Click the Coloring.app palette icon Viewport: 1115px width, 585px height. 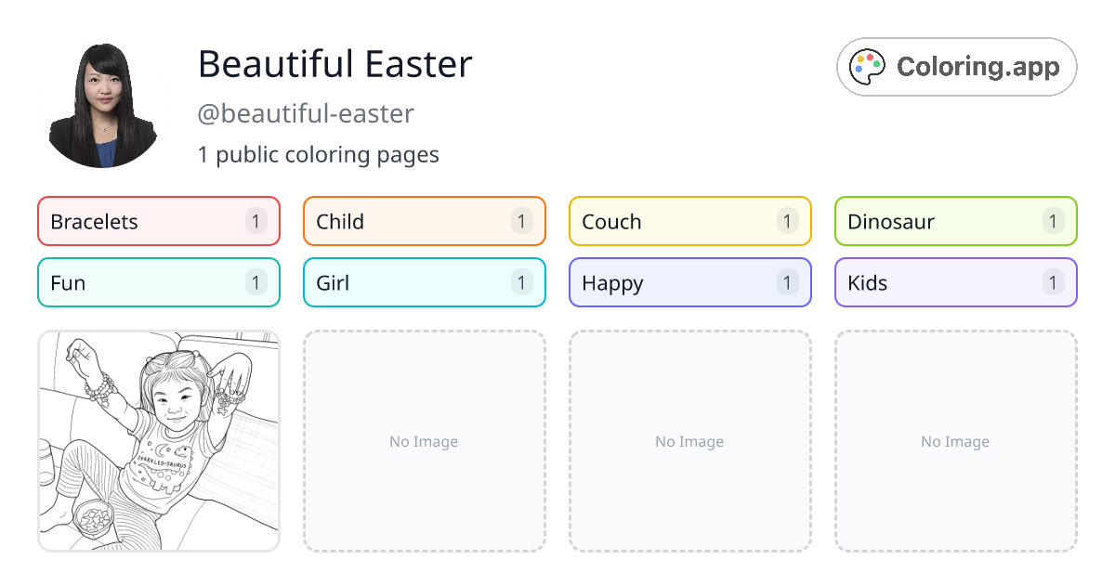[x=868, y=67]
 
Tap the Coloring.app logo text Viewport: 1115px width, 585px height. [x=977, y=67]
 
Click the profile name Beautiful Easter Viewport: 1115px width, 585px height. [x=334, y=64]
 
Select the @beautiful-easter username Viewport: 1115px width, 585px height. [x=306, y=113]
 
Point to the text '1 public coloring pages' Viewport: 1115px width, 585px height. [x=318, y=154]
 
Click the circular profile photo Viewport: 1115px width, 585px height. [x=102, y=104]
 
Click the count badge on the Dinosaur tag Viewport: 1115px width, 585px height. [x=1053, y=221]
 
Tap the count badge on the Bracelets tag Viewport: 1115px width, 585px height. [x=256, y=221]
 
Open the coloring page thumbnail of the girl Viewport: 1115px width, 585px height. [x=159, y=441]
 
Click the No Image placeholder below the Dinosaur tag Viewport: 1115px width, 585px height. [x=955, y=441]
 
